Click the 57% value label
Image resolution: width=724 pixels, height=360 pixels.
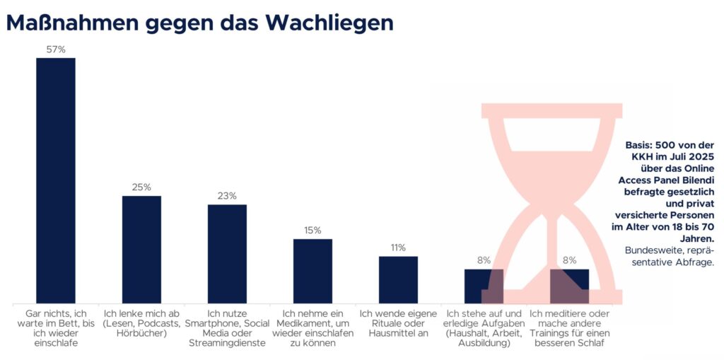(x=56, y=50)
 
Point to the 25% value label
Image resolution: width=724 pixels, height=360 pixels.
(x=141, y=187)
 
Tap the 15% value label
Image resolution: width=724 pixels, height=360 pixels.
(x=313, y=231)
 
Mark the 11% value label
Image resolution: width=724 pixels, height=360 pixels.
(x=398, y=248)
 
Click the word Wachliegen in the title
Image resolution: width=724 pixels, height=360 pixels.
(x=329, y=23)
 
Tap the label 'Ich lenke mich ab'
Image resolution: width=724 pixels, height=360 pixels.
(x=141, y=323)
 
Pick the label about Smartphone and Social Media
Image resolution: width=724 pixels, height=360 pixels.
(x=227, y=327)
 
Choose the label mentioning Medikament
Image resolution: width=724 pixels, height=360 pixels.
(x=313, y=327)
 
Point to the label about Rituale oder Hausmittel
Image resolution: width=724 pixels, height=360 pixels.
(x=398, y=323)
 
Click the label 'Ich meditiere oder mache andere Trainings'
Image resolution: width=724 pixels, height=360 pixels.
(x=569, y=327)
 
